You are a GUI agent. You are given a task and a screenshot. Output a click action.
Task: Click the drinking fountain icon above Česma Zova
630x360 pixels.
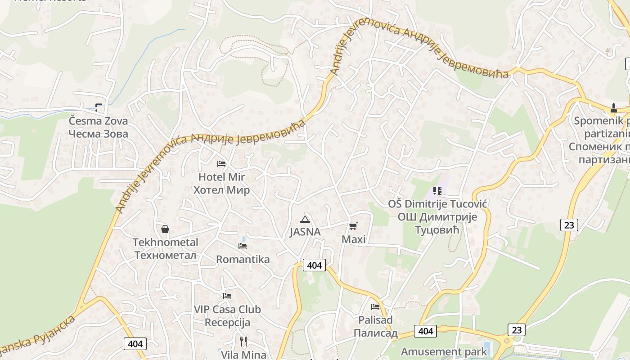point(99,108)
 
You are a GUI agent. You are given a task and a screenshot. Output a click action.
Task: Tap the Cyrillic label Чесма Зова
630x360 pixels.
point(98,134)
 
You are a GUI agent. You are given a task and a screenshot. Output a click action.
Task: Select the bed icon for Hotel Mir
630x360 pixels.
point(221,164)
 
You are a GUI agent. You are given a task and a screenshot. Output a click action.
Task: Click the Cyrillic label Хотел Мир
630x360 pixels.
point(221,190)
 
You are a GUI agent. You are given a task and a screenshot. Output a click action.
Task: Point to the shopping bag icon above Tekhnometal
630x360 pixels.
point(165,229)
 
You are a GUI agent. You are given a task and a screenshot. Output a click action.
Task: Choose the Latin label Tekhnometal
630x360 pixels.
point(165,242)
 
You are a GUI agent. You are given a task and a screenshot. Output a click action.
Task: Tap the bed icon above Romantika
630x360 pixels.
point(243,246)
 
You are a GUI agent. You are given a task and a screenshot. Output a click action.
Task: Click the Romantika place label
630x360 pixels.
point(243,259)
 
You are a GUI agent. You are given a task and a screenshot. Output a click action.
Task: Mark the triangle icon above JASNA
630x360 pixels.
point(305,219)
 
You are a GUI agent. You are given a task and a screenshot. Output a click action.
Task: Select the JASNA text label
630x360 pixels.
point(305,232)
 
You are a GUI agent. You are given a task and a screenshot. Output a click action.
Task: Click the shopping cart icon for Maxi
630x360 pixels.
point(353,226)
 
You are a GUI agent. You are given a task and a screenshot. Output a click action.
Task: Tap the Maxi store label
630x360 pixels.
point(353,239)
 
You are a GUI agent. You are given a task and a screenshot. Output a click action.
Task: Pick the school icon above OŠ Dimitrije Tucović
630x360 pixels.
point(437,191)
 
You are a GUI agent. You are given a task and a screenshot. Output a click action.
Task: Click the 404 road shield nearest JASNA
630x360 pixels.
point(314,265)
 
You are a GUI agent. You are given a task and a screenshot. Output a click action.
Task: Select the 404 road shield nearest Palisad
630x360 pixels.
point(425,331)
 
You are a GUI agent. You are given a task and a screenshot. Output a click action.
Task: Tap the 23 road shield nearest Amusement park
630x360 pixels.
point(517,330)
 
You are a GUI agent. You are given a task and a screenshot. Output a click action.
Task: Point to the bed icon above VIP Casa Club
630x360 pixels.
point(227,296)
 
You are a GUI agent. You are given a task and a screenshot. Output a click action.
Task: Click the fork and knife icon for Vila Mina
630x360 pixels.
point(243,342)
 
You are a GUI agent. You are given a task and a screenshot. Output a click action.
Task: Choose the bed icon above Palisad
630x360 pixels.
point(375,307)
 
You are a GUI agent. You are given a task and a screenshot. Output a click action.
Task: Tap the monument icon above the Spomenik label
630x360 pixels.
point(613,108)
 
